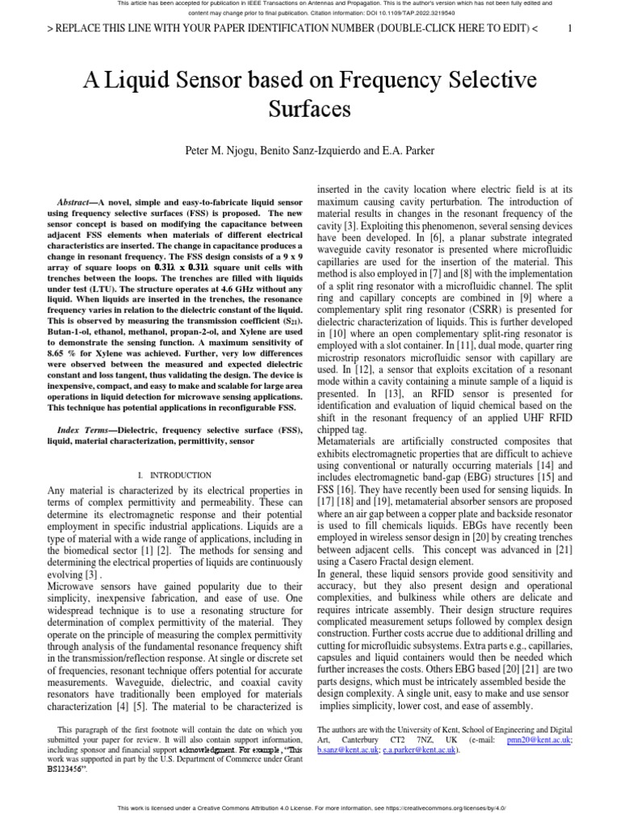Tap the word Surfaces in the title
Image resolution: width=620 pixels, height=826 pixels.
coord(309,109)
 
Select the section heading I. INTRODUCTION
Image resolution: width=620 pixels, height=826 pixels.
coord(174,475)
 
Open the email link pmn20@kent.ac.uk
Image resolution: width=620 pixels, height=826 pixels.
coord(546,739)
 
